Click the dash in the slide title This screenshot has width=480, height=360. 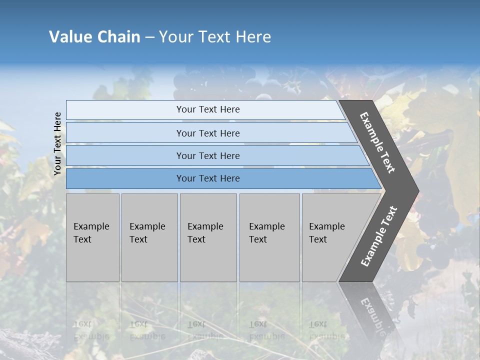149,37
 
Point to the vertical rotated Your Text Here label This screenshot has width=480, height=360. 57,143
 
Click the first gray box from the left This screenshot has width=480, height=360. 92,237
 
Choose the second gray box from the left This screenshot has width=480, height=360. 149,237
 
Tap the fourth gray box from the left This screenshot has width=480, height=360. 269,237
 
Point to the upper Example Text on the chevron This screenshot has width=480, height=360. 377,142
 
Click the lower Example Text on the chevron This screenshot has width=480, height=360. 378,236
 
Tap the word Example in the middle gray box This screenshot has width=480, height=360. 205,226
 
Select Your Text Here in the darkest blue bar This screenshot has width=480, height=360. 208,178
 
